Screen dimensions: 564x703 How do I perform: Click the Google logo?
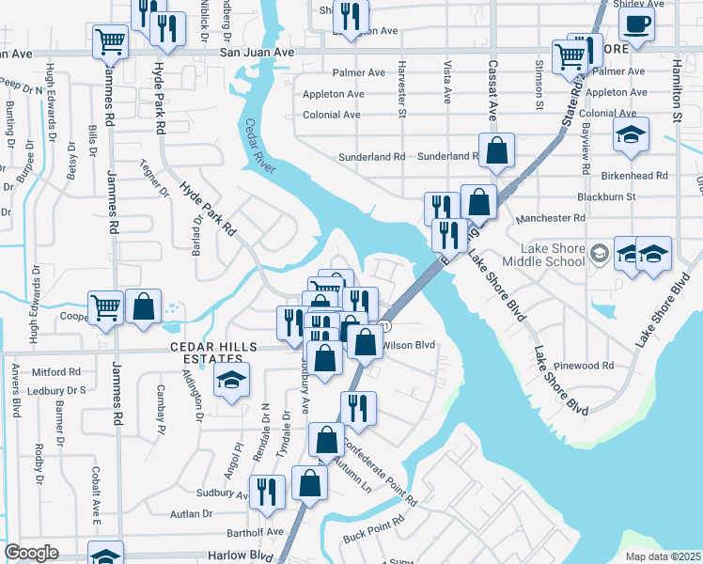31,553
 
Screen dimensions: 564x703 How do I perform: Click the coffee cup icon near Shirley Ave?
637,25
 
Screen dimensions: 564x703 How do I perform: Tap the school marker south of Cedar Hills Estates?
230,382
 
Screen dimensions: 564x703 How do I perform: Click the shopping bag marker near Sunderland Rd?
496,149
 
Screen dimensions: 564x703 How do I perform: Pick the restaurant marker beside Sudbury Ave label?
267,492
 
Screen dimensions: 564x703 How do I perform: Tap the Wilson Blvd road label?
410,345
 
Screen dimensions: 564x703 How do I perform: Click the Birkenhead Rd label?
635,175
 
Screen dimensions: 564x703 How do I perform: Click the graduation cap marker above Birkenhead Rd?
631,135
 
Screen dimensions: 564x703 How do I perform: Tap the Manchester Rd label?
552,217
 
